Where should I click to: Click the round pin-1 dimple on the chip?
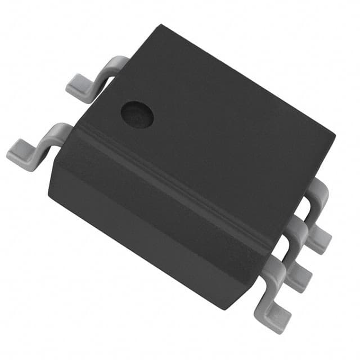pos(137,113)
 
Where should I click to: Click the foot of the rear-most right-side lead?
pos(318,238)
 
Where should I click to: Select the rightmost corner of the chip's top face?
pos(335,135)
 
